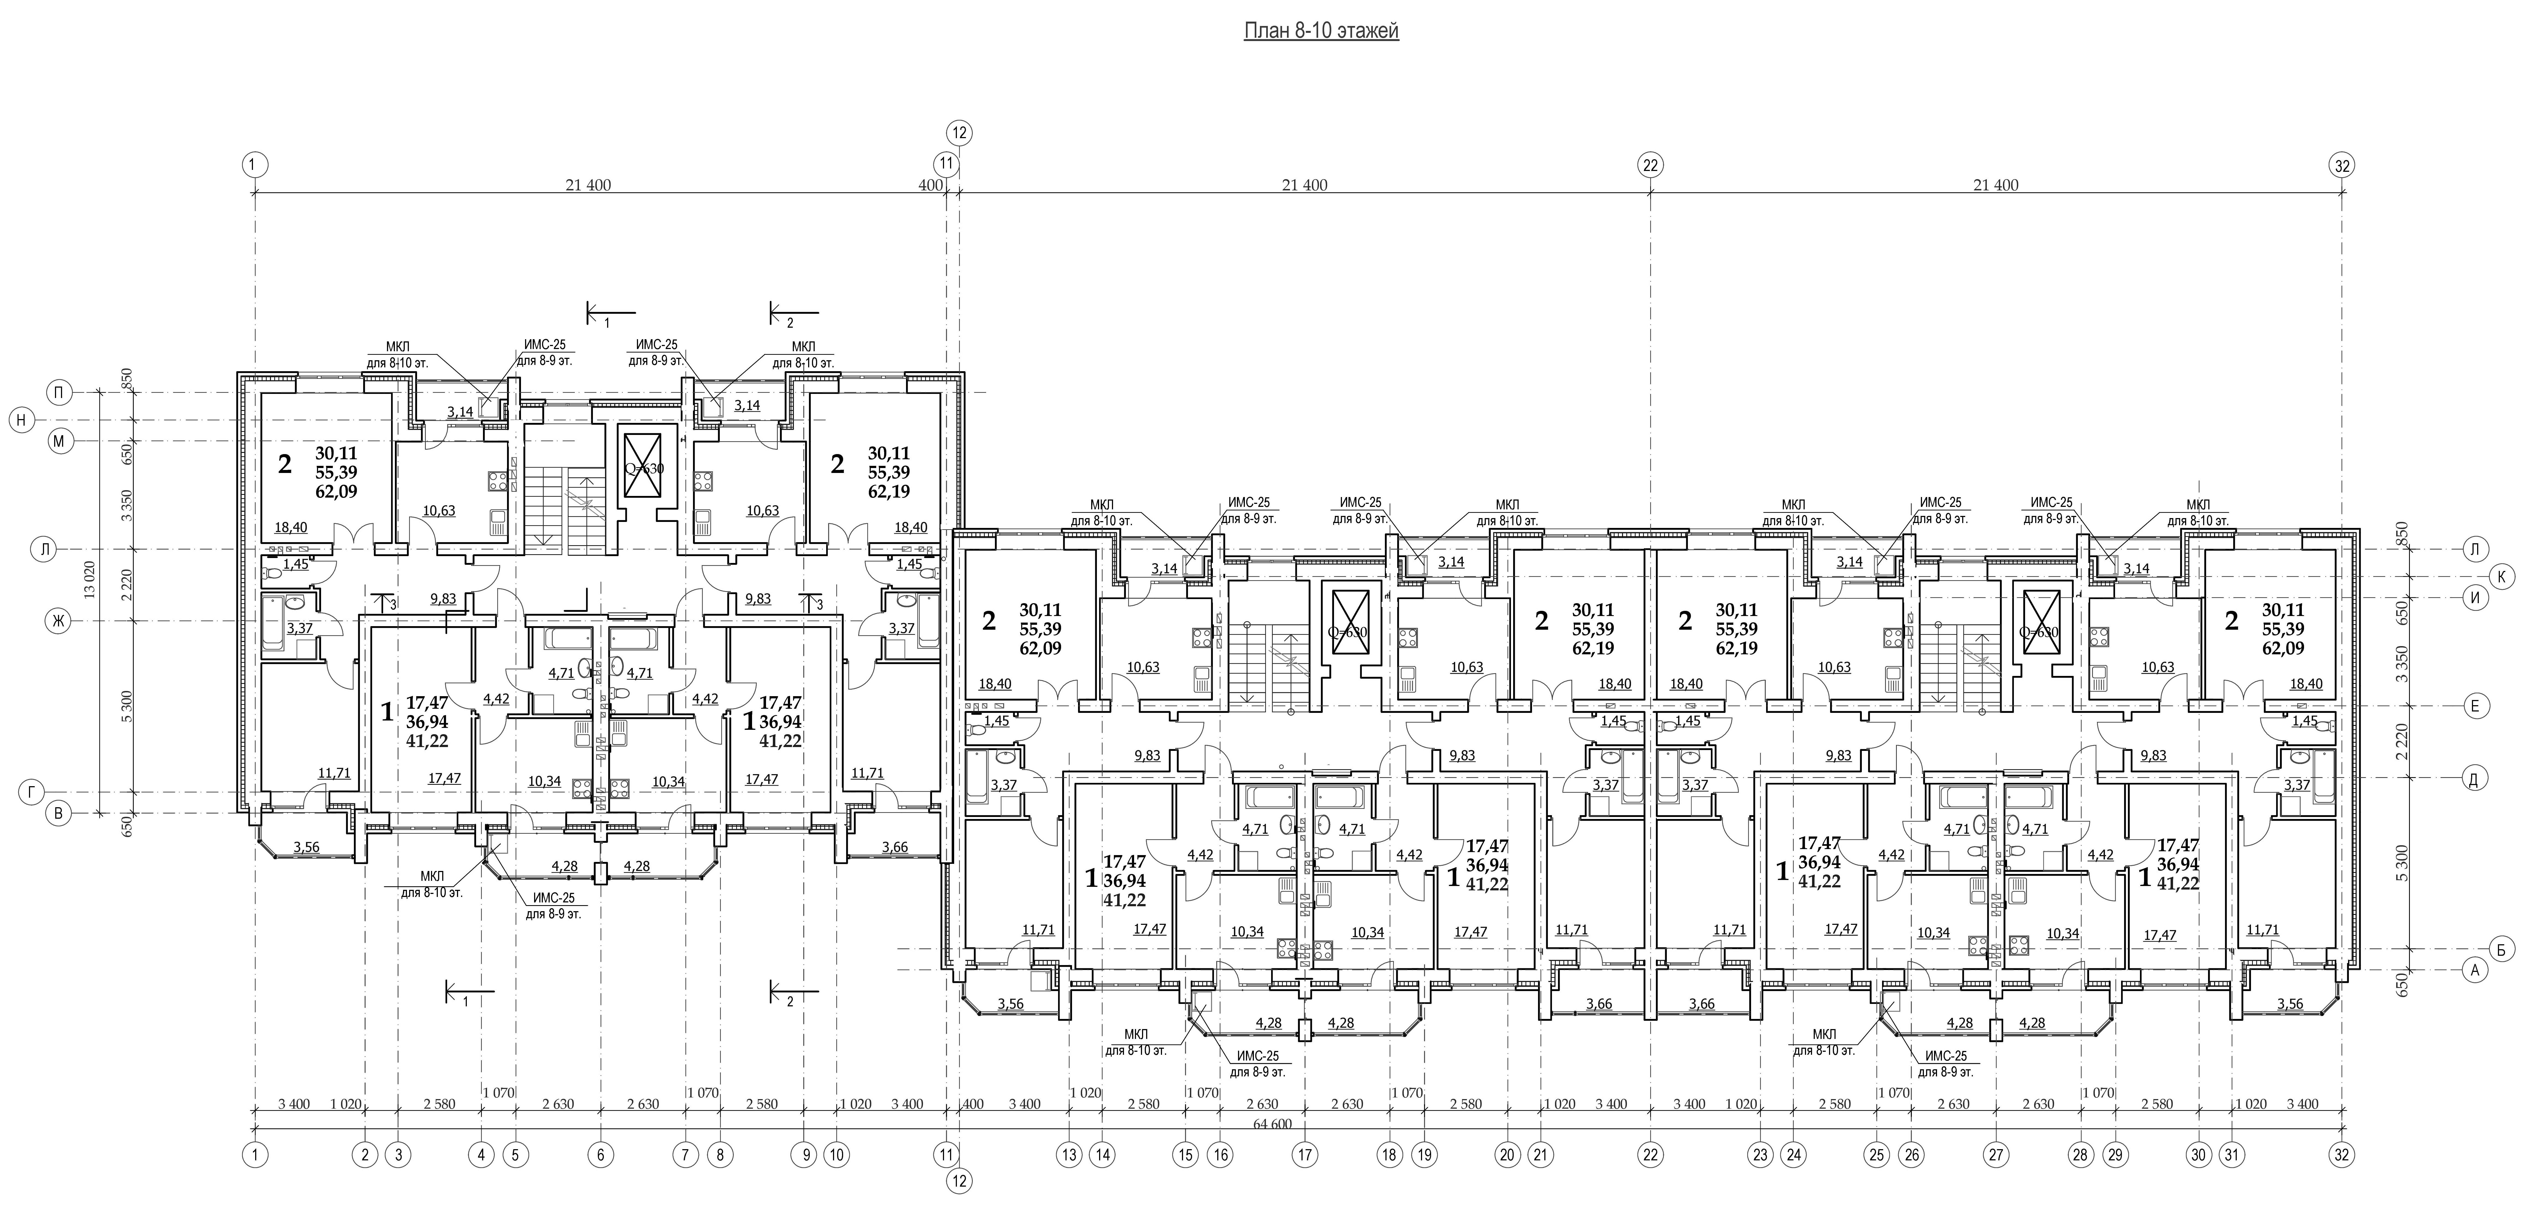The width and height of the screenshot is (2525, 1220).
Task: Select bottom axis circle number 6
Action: tap(600, 1155)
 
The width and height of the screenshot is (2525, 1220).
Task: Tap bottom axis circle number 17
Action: tap(1305, 1155)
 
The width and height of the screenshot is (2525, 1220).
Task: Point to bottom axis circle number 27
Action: tap(1996, 1155)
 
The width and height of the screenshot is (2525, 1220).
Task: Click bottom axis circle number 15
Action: tap(1185, 1155)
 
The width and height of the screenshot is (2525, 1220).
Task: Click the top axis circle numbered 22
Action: tap(1651, 165)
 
